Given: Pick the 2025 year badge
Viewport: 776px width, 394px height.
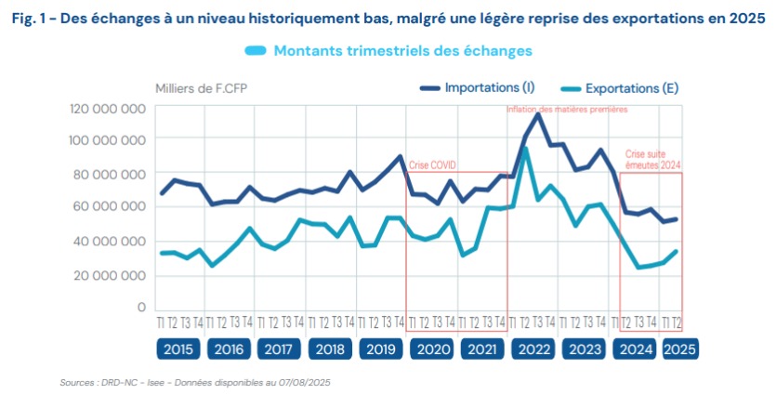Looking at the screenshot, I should coord(677,349).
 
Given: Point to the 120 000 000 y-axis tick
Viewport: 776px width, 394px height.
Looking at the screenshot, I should coord(108,108).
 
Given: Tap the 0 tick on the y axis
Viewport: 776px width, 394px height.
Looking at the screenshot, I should coord(141,308).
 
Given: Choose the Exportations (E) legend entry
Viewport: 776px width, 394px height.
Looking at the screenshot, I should coord(630,88).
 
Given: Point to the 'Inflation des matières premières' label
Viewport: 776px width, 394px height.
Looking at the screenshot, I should coord(567,109).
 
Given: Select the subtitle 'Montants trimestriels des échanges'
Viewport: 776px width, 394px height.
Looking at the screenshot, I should coord(402,50).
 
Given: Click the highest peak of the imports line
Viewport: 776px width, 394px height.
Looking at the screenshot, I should coord(538,114).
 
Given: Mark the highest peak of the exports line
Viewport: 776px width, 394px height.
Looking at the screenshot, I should coord(526,149).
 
